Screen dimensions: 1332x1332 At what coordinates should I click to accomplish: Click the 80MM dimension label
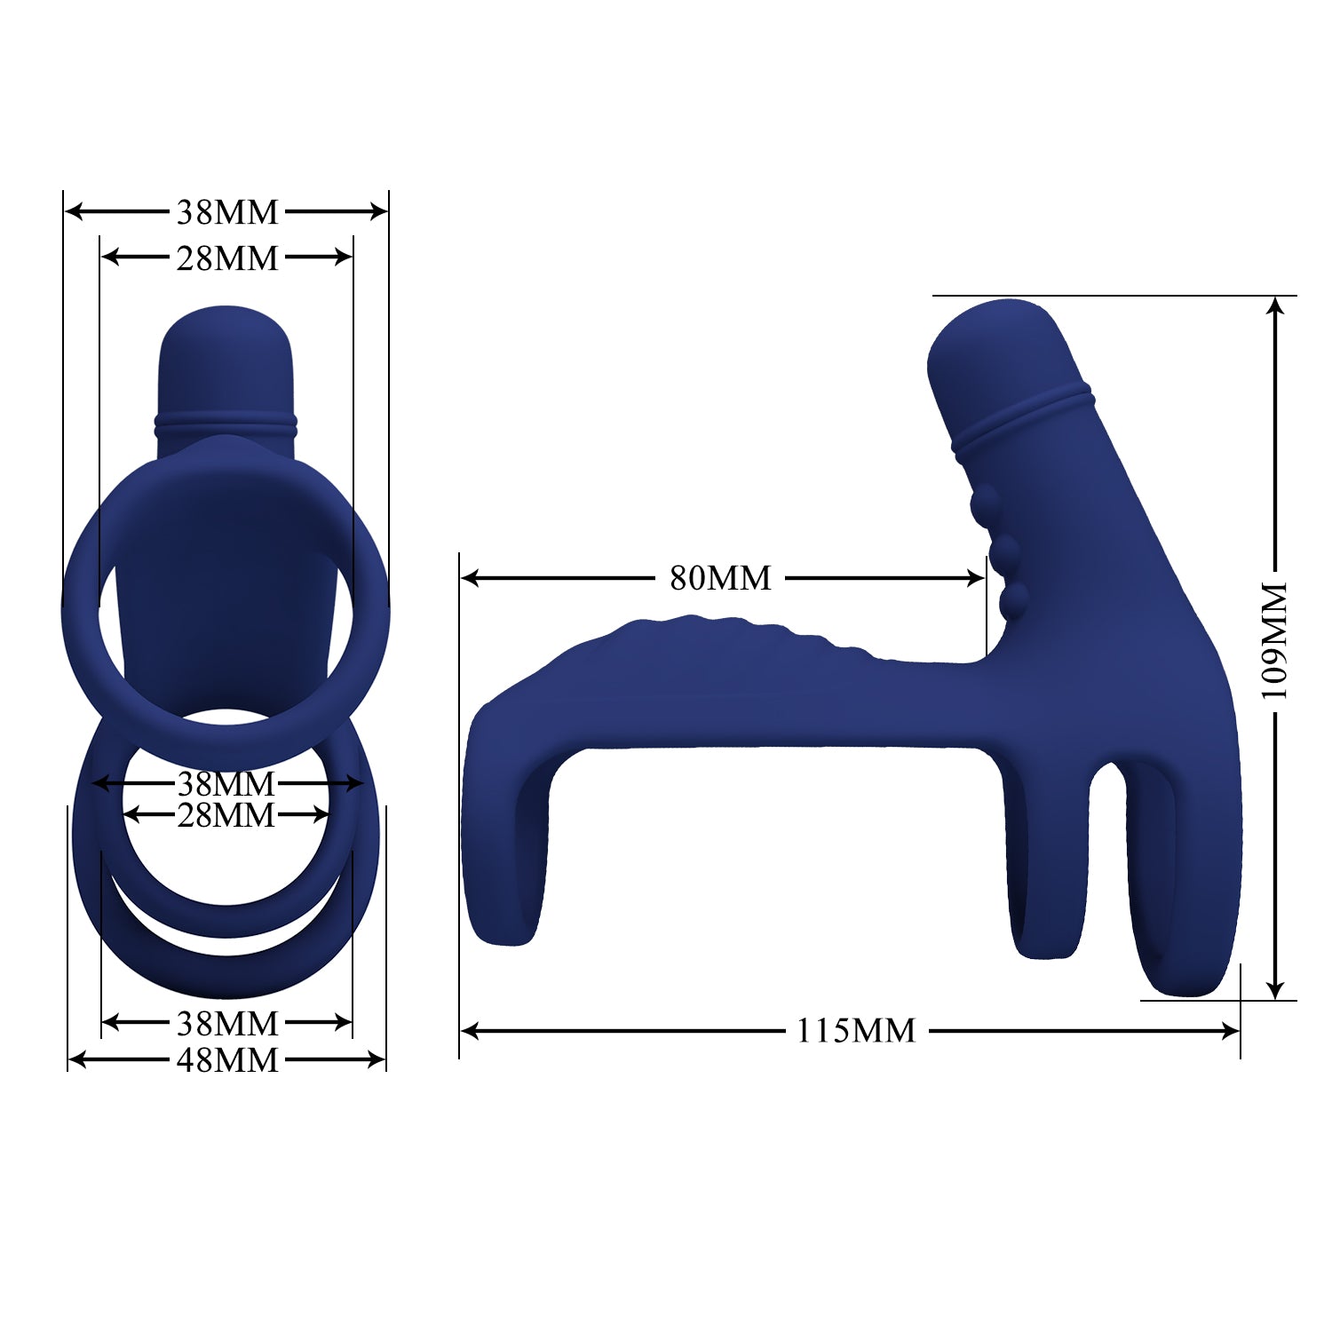tap(720, 578)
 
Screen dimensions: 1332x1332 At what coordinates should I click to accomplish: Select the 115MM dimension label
tap(855, 1031)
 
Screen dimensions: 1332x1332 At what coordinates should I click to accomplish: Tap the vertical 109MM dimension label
tap(1275, 640)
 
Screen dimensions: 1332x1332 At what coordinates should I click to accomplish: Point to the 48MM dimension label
tap(227, 1059)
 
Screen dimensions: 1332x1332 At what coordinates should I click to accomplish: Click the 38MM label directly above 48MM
tap(227, 1023)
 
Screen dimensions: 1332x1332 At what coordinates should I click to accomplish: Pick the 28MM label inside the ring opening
tap(226, 814)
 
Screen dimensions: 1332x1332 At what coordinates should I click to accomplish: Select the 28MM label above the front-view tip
tap(227, 258)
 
